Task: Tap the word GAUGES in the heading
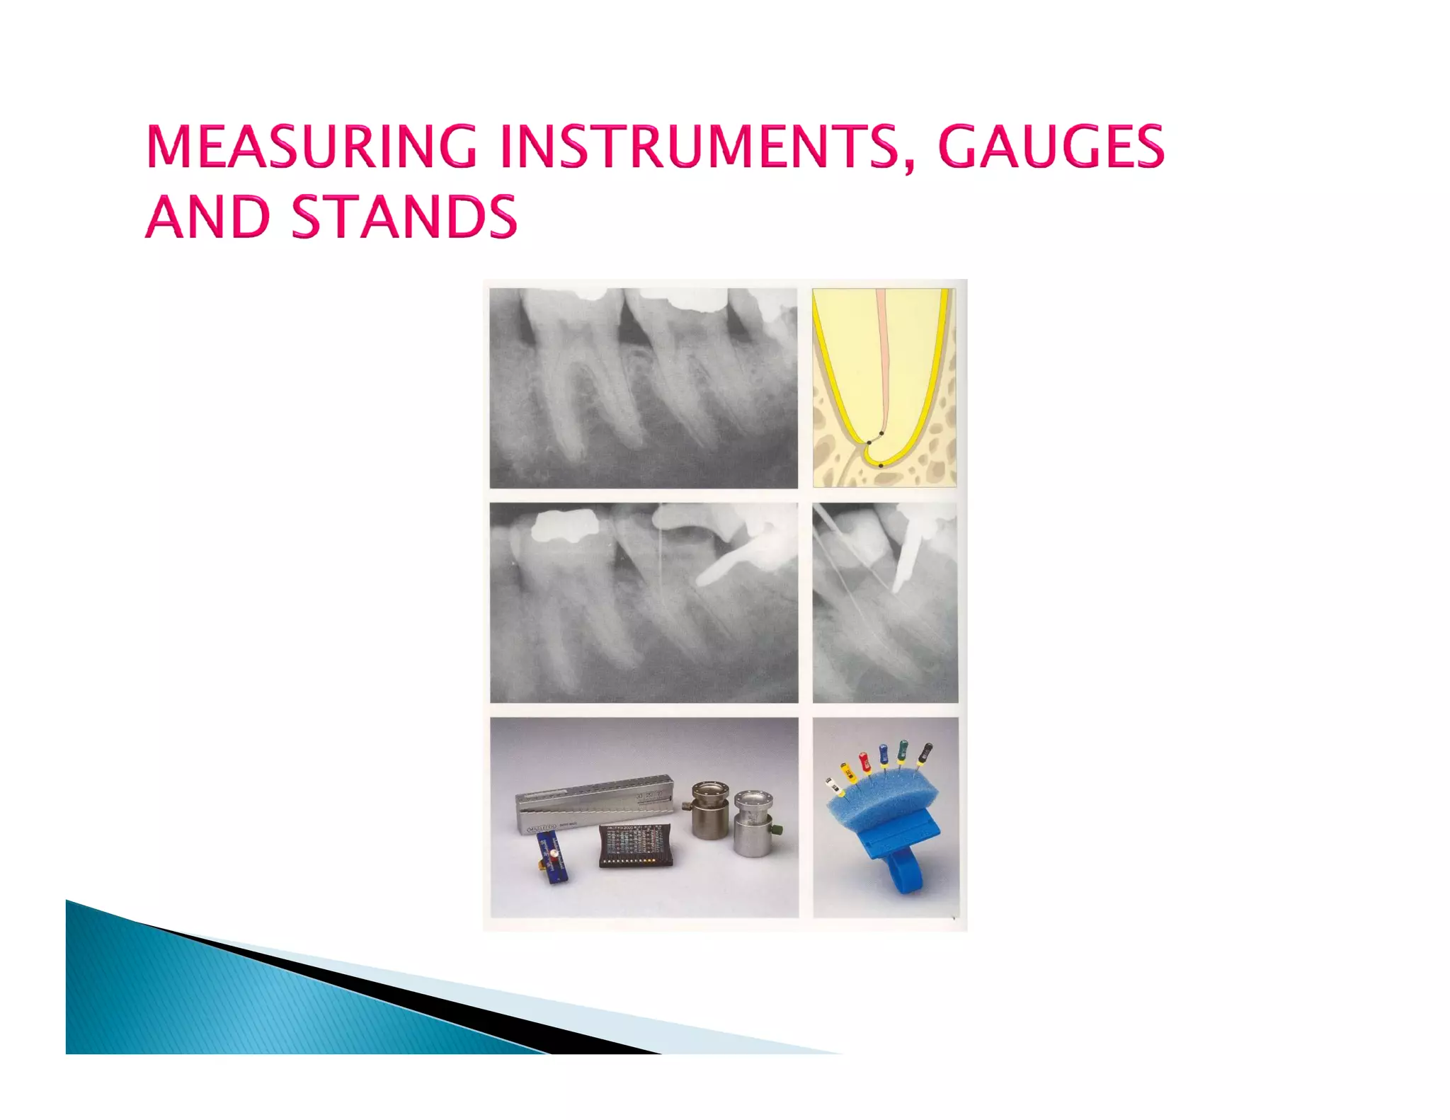[1051, 147]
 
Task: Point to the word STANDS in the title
[404, 217]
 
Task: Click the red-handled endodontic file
[864, 764]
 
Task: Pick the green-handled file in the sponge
[902, 751]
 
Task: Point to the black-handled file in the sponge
[925, 754]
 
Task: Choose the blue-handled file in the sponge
[884, 755]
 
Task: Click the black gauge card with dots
[636, 846]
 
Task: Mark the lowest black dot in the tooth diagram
[880, 465]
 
